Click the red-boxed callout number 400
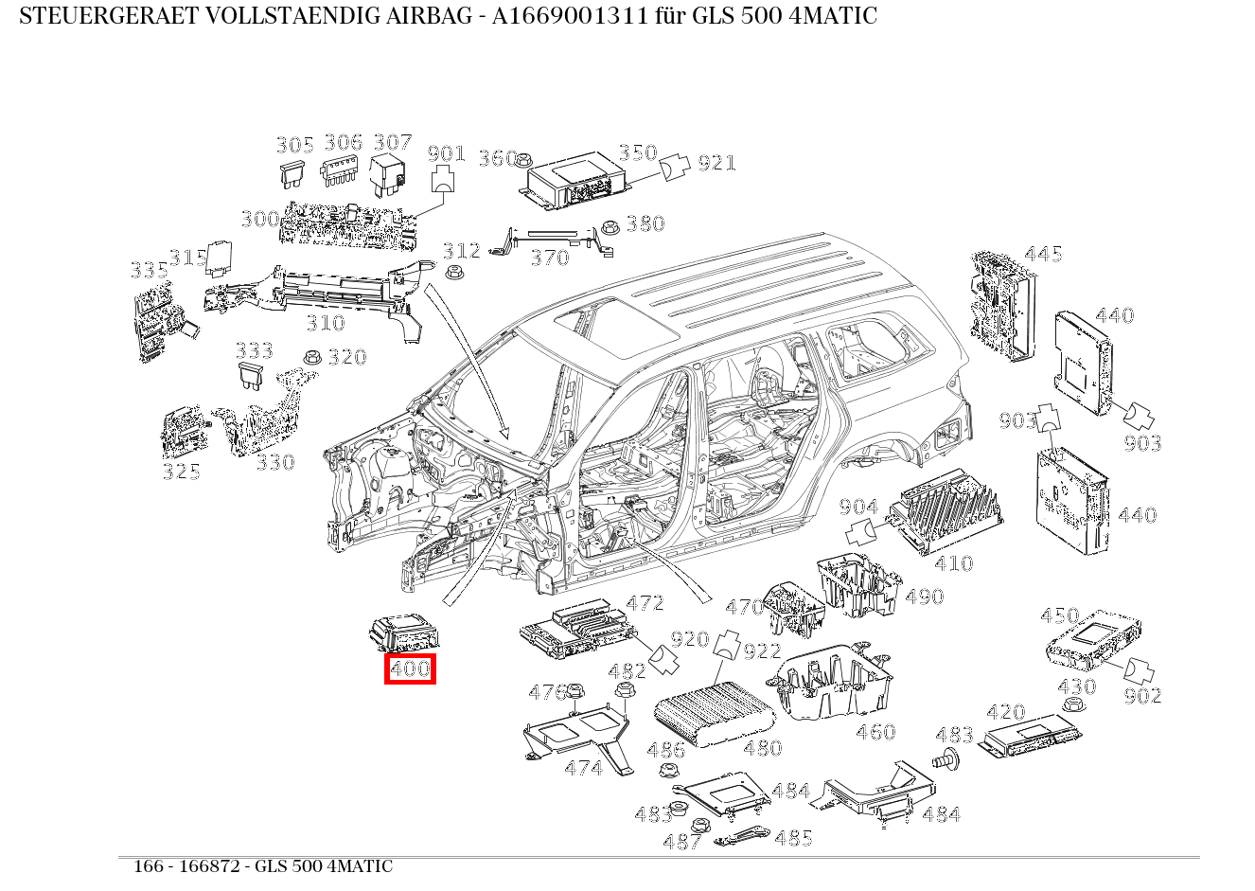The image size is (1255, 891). pos(410,668)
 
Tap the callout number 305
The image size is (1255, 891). pos(294,145)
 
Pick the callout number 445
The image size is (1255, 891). pos(1043,254)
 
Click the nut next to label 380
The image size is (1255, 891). pos(610,226)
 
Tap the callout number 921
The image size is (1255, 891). pos(716,163)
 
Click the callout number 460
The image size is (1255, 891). pos(875,732)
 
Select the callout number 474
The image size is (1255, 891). pos(583,768)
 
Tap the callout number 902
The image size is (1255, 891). pos(1142,696)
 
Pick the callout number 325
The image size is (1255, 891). pos(181,471)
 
